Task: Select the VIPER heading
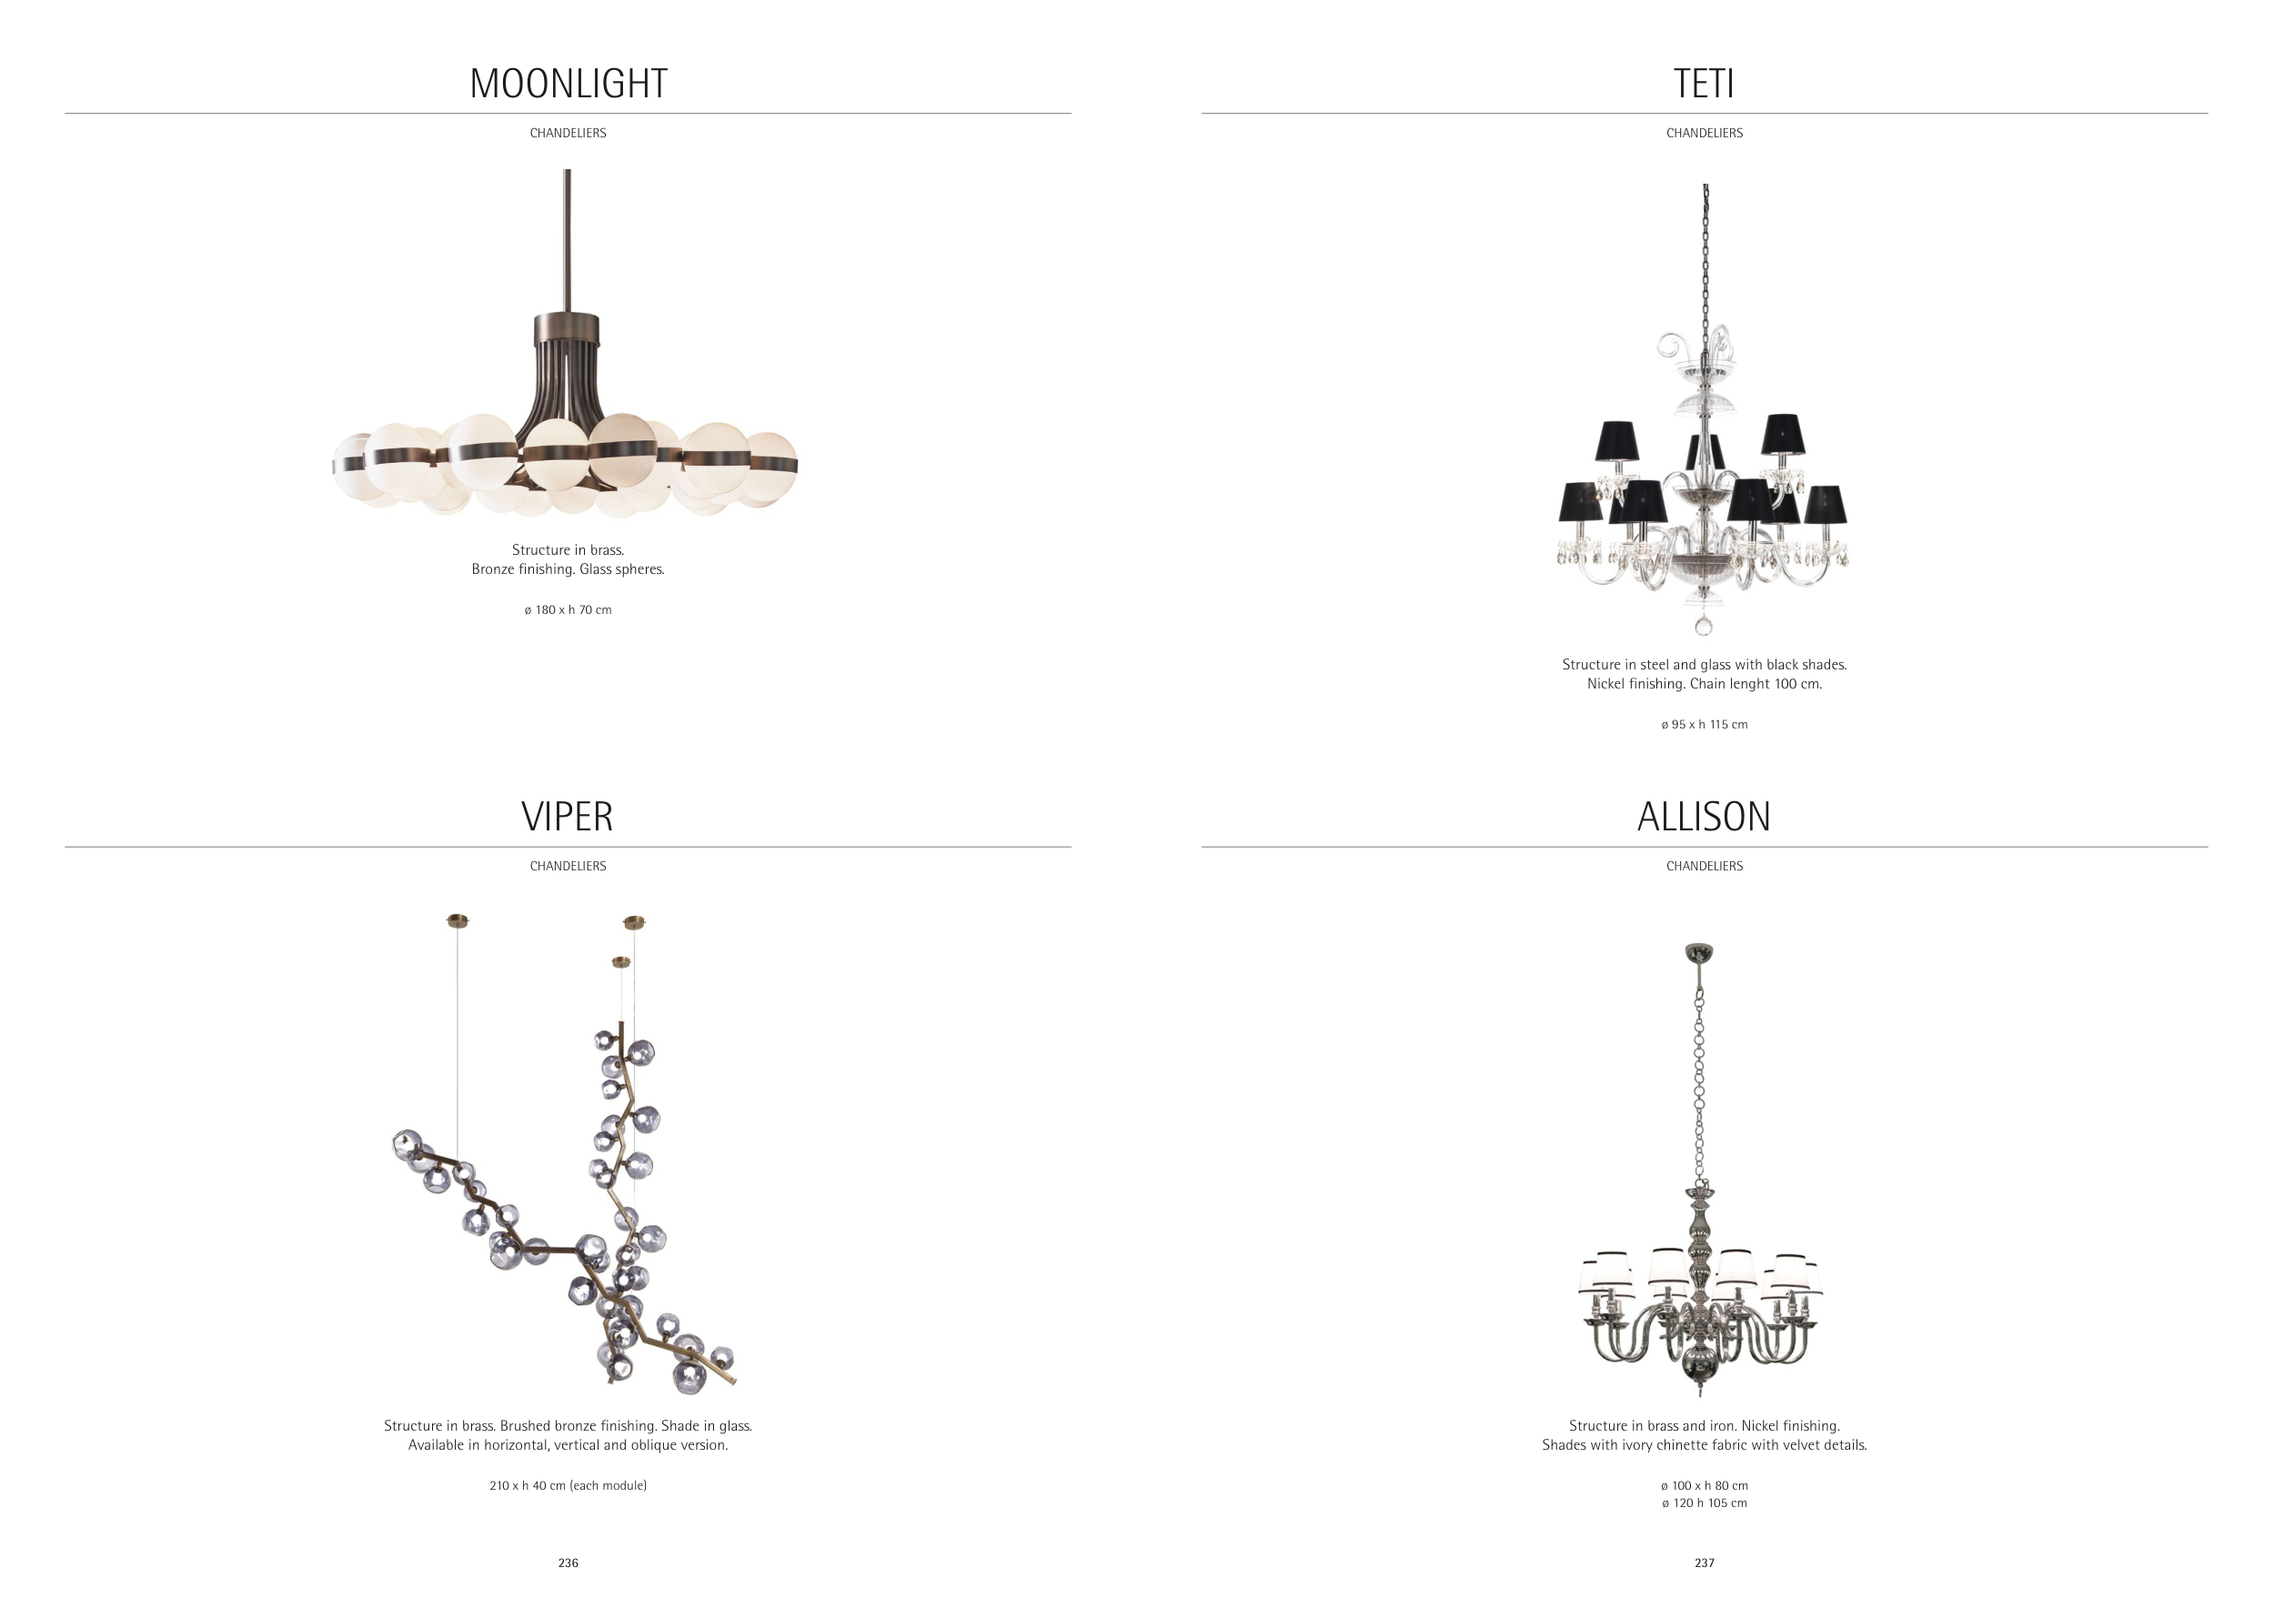(x=568, y=817)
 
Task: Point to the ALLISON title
(x=1704, y=817)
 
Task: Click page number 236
(x=568, y=1563)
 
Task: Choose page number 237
(x=1705, y=1563)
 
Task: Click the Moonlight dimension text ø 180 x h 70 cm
(x=568, y=610)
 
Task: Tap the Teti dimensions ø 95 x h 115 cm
(x=1705, y=725)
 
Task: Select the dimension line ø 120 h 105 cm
(x=1705, y=1503)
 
